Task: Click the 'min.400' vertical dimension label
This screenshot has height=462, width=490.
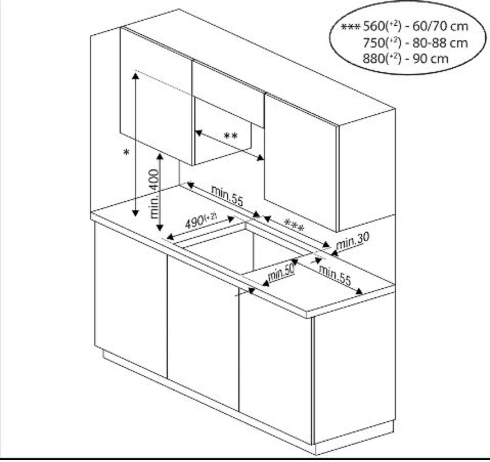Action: (x=155, y=193)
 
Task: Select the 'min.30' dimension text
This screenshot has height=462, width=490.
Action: (x=352, y=241)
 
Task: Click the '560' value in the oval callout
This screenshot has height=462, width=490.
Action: (x=374, y=26)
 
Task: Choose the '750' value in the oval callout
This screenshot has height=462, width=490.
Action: (x=374, y=43)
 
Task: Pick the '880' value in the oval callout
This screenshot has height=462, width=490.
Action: (x=374, y=59)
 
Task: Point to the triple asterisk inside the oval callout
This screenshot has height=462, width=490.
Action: (x=351, y=27)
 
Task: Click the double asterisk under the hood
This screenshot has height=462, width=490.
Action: (x=231, y=136)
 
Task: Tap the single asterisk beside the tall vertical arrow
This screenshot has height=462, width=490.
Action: (x=126, y=153)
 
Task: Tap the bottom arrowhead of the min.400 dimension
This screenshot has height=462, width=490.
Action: (x=160, y=228)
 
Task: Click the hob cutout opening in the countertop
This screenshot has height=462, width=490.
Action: (x=241, y=249)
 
